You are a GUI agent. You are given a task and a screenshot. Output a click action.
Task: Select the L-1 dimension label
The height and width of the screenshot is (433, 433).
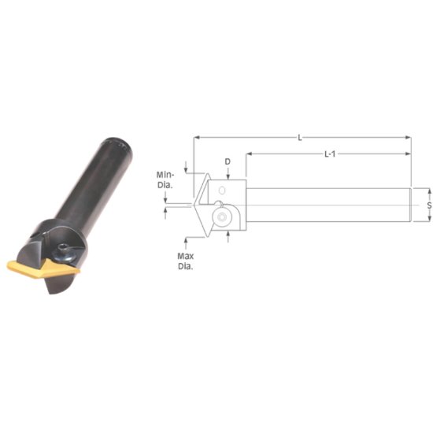click(x=331, y=154)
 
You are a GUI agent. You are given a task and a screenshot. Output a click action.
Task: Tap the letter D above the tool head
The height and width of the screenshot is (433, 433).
click(x=228, y=162)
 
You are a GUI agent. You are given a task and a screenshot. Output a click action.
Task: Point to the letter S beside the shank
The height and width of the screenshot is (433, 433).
click(x=429, y=205)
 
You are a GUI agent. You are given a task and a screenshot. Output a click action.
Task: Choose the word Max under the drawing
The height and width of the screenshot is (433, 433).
click(x=186, y=257)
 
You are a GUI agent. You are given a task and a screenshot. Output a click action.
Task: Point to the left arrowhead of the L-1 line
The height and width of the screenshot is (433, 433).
click(x=250, y=154)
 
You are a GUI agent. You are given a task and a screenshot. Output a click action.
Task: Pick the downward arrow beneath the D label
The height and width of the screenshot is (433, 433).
click(x=228, y=175)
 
